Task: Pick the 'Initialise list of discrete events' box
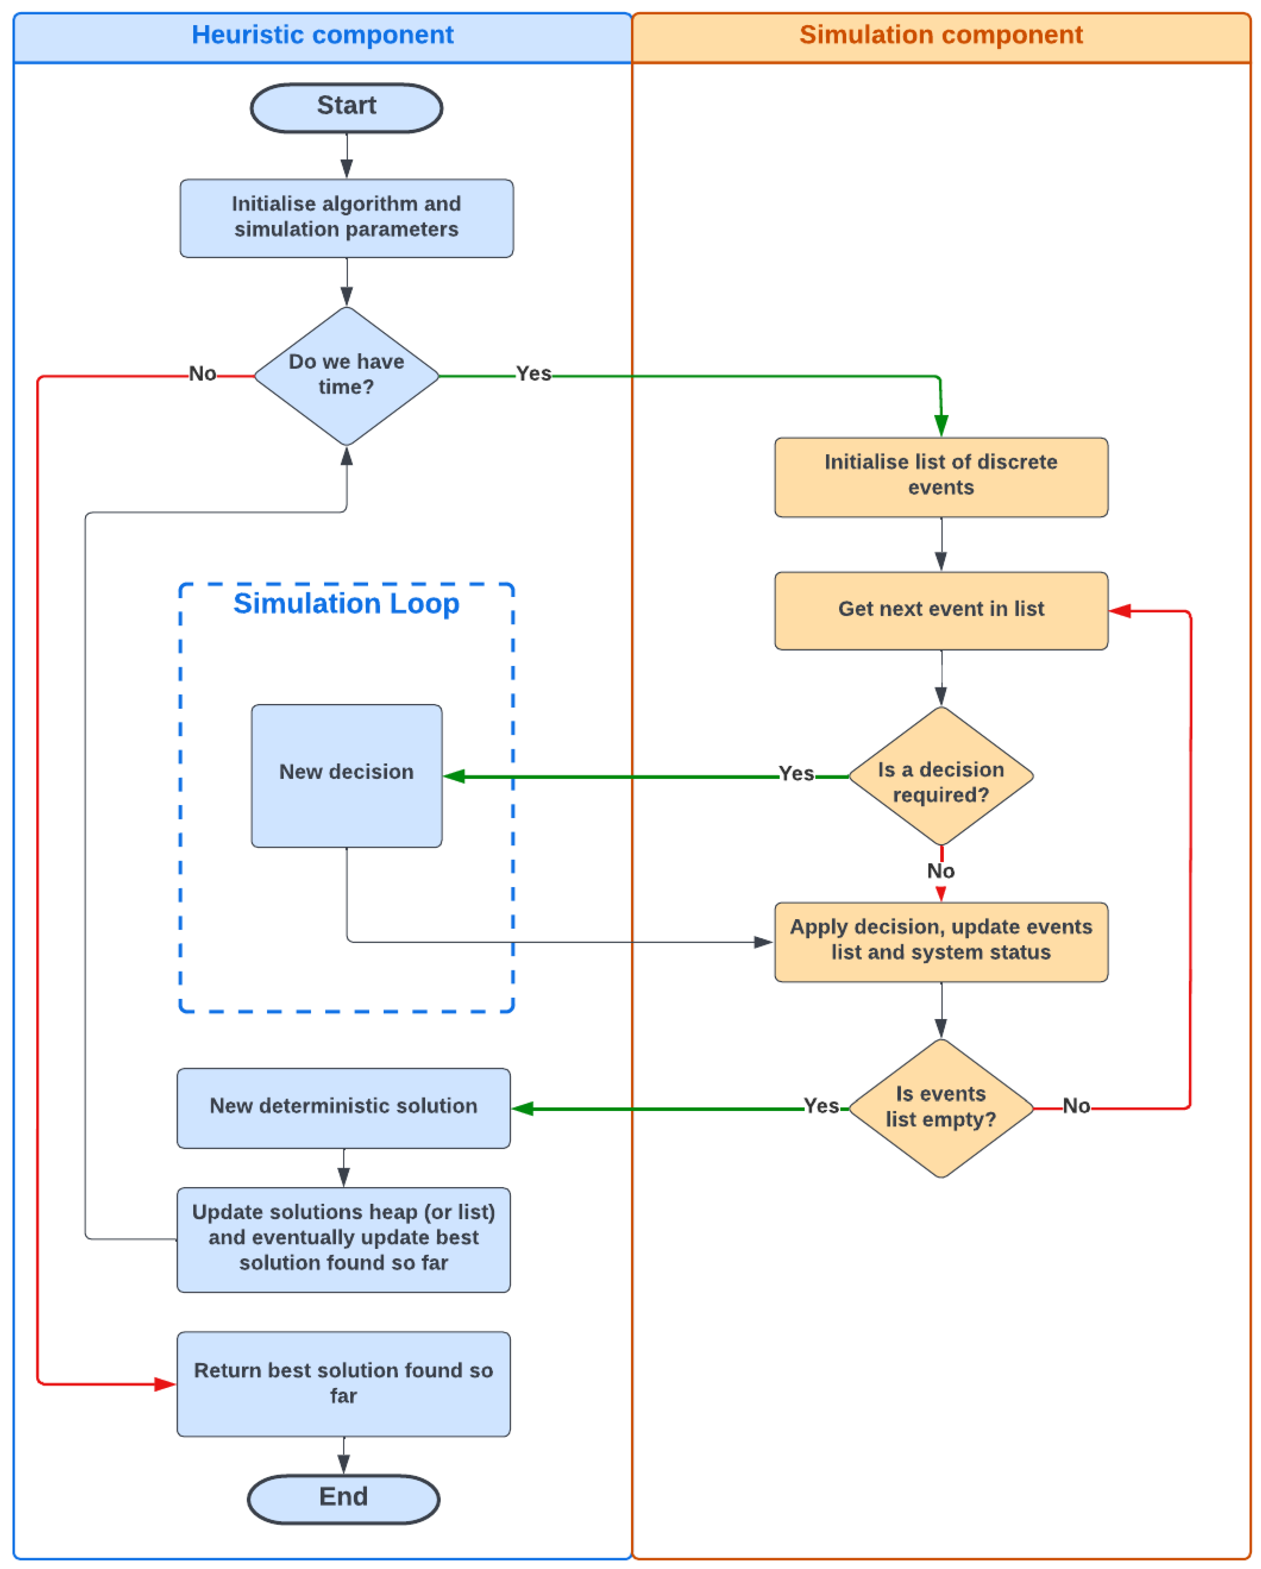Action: click(x=940, y=477)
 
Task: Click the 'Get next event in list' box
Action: click(x=940, y=610)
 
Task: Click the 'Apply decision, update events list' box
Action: click(x=940, y=942)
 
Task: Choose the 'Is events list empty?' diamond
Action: click(x=940, y=1108)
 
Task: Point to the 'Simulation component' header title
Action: click(x=940, y=35)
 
